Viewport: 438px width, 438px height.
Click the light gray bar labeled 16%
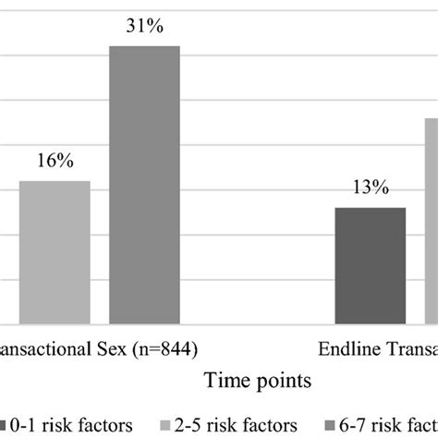pos(55,251)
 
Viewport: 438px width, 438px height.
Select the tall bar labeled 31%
pos(144,184)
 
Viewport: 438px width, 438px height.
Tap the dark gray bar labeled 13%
pos(370,265)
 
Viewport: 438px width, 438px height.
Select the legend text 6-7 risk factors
pos(395,424)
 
